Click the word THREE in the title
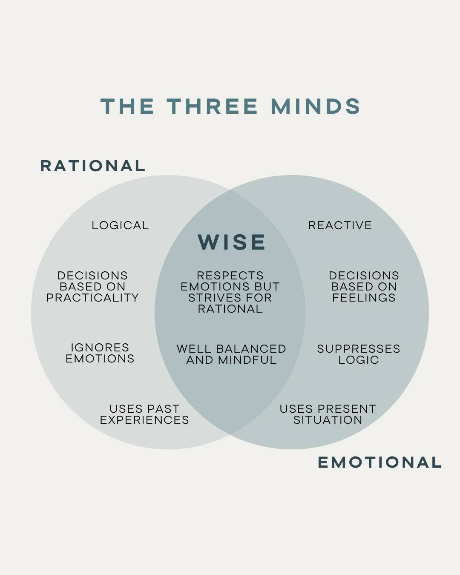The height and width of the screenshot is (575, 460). [x=212, y=106]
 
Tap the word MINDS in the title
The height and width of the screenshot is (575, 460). [x=316, y=106]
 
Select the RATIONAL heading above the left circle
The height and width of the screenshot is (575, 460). [x=93, y=166]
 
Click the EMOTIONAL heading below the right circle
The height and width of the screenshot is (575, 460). [x=379, y=462]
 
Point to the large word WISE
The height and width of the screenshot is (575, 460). [x=232, y=242]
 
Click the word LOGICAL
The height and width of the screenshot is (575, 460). [x=120, y=225]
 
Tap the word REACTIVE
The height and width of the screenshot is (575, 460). [x=340, y=225]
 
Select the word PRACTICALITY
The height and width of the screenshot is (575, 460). [x=93, y=298]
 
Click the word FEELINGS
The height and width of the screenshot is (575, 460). [x=364, y=298]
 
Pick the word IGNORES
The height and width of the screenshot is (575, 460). [x=100, y=348]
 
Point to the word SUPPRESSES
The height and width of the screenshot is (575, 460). [x=359, y=349]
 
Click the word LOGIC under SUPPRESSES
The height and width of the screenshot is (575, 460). [x=359, y=360]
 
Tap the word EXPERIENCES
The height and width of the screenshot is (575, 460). [x=144, y=420]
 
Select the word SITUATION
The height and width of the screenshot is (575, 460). [x=328, y=420]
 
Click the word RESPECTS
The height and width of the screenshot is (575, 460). [x=230, y=276]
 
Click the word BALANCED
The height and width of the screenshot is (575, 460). [x=251, y=349]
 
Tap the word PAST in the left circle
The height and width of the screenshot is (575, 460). [x=163, y=409]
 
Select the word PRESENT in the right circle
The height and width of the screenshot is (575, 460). [x=346, y=409]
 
